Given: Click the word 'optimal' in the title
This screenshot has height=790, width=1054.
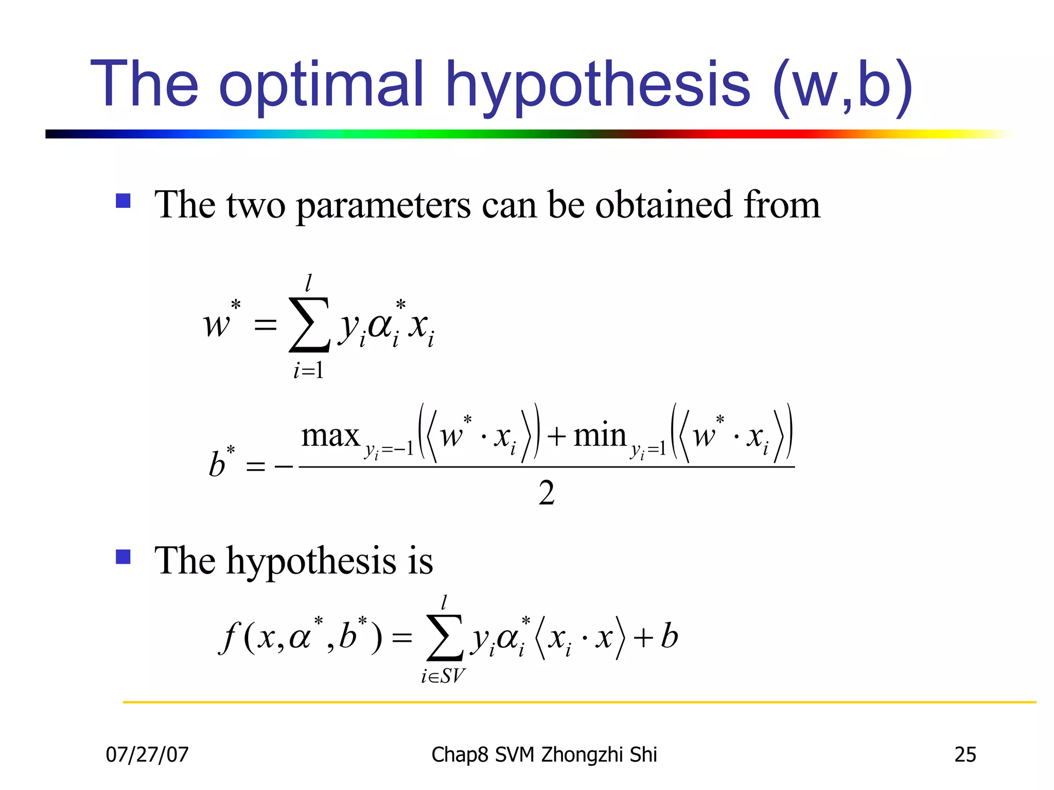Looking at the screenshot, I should (322, 85).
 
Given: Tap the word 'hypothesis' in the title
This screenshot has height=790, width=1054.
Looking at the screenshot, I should (598, 85).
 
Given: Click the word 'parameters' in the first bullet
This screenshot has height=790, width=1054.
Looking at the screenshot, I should (383, 205).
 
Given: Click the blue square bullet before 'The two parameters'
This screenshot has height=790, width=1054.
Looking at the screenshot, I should (124, 201).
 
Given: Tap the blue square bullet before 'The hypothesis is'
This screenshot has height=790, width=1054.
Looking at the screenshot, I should (124, 556).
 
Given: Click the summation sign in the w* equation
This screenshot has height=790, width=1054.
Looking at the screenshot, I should (309, 325).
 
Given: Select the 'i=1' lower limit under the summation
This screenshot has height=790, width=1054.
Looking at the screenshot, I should (309, 370).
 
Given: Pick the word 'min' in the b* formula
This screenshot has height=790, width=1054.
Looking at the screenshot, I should (600, 436).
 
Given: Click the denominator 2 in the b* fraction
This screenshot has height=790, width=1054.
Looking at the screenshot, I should (547, 493).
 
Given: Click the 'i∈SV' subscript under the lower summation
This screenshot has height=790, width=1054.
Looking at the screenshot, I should (443, 676).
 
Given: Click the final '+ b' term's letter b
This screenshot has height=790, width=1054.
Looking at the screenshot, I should (669, 636).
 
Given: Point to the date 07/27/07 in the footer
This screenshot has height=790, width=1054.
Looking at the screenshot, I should (147, 755).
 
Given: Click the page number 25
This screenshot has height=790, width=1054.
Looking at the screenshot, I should (965, 755).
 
